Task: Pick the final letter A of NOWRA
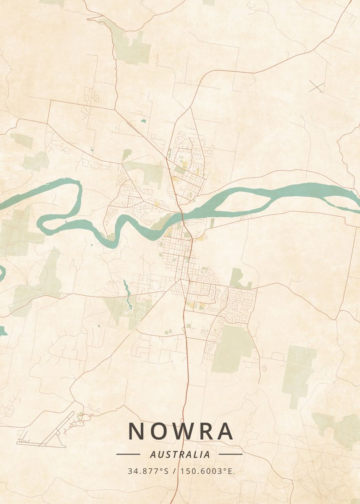point(226,431)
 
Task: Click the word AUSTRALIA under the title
point(180,454)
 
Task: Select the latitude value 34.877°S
point(148,471)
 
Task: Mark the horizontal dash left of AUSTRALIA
point(128,454)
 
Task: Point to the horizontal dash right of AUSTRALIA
point(231,454)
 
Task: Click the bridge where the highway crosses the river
point(184,217)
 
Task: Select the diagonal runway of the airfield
point(57,428)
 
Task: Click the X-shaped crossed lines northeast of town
point(317,86)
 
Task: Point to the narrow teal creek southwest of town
point(127,292)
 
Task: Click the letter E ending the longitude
point(229,471)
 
